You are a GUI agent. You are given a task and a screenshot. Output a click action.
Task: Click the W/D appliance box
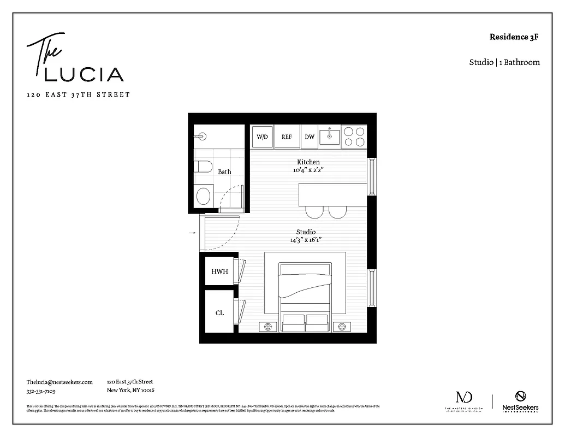(x=263, y=137)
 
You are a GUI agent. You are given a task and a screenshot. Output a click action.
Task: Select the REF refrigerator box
(x=287, y=137)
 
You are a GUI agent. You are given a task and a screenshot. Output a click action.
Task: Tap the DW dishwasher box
(x=310, y=137)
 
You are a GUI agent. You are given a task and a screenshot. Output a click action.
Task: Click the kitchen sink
(x=330, y=136)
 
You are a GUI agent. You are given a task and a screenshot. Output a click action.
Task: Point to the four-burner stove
(x=354, y=137)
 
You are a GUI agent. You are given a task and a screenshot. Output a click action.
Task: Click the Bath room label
(x=224, y=172)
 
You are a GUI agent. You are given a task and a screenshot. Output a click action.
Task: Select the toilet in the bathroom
(x=203, y=166)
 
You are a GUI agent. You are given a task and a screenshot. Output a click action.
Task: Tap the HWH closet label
(x=219, y=271)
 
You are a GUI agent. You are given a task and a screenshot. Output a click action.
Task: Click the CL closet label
(x=219, y=313)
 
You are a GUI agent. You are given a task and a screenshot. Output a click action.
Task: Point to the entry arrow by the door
(x=192, y=233)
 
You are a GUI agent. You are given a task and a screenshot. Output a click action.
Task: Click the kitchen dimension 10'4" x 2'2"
(x=308, y=170)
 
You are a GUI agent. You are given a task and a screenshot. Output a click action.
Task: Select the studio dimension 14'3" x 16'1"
(x=306, y=240)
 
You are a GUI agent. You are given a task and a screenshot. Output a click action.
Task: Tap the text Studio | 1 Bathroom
(x=504, y=62)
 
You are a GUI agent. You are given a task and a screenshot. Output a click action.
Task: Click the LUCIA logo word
(x=84, y=74)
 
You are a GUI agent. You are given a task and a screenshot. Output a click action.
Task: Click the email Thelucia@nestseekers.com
(x=60, y=382)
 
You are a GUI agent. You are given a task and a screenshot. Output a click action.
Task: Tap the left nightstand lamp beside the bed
(x=267, y=327)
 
